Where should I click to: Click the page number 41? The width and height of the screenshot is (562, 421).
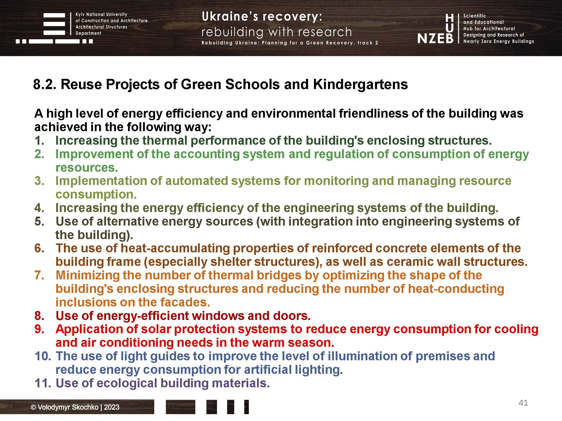coord(523,403)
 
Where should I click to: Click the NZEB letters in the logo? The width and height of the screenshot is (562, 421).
coord(435,39)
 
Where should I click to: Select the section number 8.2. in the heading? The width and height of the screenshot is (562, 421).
coord(44,84)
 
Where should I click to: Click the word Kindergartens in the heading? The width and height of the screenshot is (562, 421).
coord(360,84)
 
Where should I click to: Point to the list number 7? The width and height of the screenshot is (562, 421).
coord(39,275)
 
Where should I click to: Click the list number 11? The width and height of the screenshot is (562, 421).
coord(43,383)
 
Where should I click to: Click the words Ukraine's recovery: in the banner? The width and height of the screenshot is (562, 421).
coord(262,17)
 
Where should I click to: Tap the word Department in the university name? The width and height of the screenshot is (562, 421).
coord(88,33)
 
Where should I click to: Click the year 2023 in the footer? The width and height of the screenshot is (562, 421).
coord(112,407)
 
